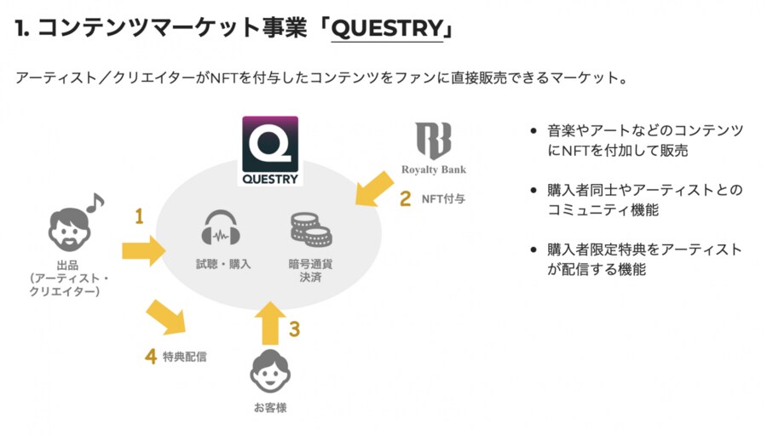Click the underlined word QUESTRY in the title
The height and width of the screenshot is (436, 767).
pyautogui.click(x=387, y=29)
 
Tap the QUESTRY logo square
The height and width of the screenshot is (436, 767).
pyautogui.click(x=269, y=151)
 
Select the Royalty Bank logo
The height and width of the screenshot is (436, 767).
pyautogui.click(x=434, y=148)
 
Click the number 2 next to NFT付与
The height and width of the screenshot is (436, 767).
pyautogui.click(x=406, y=199)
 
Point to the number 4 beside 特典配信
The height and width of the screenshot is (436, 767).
pyautogui.click(x=150, y=356)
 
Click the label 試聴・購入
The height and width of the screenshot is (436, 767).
pyautogui.click(x=223, y=264)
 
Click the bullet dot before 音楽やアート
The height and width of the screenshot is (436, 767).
pyautogui.click(x=533, y=132)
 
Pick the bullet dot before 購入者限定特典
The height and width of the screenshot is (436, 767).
pyautogui.click(x=533, y=250)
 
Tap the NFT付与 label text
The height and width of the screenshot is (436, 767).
pyautogui.click(x=441, y=200)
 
